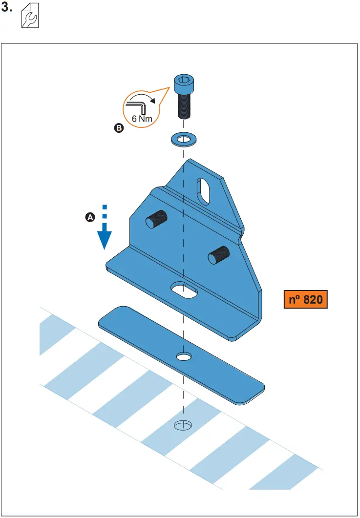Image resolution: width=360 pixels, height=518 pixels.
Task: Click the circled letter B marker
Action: [119, 129]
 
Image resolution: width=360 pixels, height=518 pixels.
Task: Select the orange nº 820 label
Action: [305, 299]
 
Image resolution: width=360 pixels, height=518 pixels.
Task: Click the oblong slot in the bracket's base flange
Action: [184, 290]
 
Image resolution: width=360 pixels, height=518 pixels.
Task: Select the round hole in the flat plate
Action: [184, 357]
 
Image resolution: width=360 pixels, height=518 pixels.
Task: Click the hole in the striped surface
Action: [184, 425]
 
